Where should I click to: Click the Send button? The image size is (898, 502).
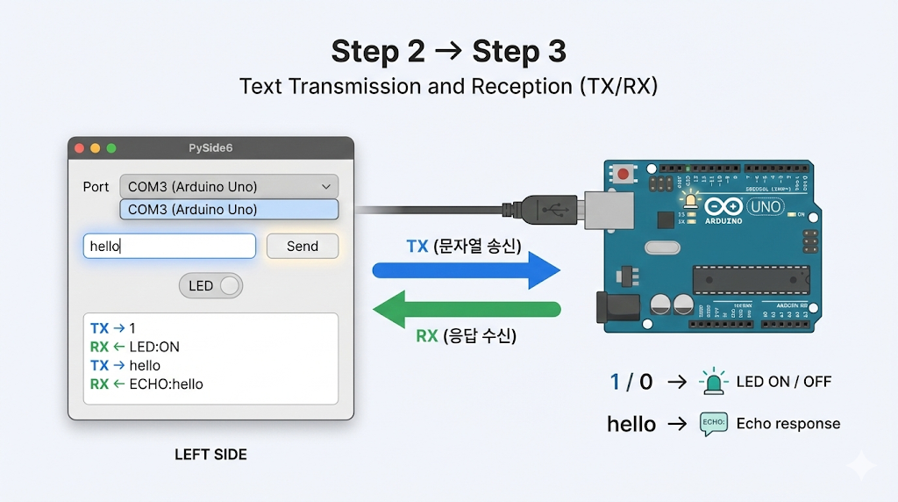click(302, 247)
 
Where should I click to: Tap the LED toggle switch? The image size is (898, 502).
click(210, 286)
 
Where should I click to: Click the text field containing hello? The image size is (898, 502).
click(169, 247)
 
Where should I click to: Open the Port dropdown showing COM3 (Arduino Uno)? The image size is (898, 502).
click(228, 187)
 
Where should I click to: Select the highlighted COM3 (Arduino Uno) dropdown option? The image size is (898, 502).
click(228, 210)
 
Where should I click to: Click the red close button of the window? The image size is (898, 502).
click(80, 148)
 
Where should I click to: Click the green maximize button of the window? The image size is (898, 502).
click(110, 148)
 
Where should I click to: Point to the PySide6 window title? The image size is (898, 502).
click(210, 148)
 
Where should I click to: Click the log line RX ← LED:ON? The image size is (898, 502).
click(135, 347)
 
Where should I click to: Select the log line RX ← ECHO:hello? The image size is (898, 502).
click(146, 384)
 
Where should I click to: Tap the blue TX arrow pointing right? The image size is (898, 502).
click(466, 270)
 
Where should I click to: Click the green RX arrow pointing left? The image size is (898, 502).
click(466, 309)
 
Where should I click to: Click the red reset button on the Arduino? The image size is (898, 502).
click(624, 175)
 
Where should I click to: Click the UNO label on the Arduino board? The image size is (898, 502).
click(766, 208)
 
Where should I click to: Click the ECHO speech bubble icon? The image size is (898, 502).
click(713, 424)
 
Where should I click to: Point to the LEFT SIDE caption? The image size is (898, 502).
click(210, 455)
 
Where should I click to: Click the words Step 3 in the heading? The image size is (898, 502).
click(519, 52)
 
